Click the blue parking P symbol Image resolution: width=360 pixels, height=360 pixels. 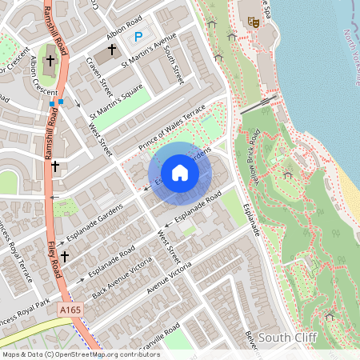(x=138, y=36)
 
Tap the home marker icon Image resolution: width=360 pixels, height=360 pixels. (x=180, y=172)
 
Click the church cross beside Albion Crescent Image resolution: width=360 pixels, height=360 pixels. (x=50, y=61)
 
